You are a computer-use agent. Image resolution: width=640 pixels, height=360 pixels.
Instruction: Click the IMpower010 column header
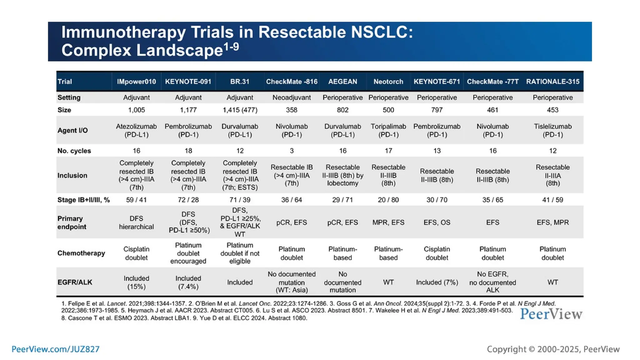pos(136,82)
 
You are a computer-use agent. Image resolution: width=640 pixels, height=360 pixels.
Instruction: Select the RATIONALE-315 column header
pos(552,82)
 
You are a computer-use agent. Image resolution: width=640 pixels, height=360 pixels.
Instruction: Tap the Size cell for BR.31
pos(240,110)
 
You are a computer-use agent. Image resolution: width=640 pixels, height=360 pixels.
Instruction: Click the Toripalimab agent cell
pos(388,130)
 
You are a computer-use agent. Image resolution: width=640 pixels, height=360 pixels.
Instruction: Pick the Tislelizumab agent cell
pos(552,130)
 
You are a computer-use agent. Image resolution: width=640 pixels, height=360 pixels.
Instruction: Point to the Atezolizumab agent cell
pos(136,130)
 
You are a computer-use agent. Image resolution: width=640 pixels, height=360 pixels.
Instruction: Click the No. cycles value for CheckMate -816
pos(292,151)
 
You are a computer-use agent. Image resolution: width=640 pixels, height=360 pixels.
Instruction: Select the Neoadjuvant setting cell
pos(292,97)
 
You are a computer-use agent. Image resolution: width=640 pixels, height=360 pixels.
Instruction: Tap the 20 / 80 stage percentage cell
pos(388,200)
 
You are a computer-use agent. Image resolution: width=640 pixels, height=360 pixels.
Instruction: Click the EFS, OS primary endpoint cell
pos(437,222)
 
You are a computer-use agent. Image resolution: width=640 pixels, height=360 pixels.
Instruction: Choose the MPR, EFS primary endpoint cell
pos(388,222)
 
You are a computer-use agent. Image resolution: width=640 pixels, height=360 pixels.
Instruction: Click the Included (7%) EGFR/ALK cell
pos(437,282)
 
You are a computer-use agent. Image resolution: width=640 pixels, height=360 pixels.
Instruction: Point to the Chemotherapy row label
pos(81,253)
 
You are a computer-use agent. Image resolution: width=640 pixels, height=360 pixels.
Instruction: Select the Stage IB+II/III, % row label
pos(83,200)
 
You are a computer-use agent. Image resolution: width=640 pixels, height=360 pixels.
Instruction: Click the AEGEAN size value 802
pos(342,110)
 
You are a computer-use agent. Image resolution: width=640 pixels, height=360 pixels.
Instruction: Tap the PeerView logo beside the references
pos(551,314)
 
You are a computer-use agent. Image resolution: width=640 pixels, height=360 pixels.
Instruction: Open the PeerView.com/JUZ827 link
pos(55,349)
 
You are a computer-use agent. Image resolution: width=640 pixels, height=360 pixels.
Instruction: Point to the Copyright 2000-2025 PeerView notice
pos(553,349)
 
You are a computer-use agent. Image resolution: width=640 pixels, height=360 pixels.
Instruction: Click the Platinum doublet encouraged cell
pos(188,253)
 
